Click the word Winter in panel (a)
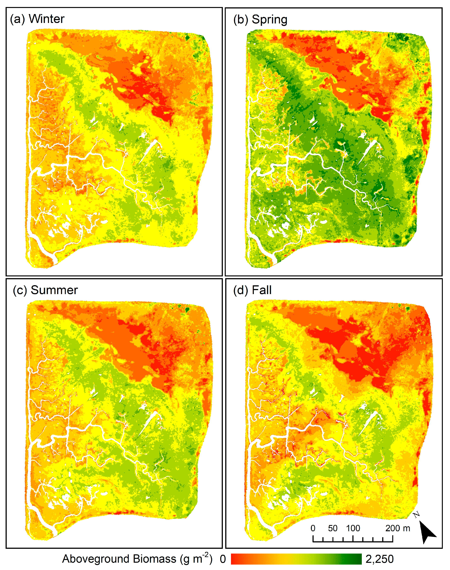pos(46,19)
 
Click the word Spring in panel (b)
pos(269,20)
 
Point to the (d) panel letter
pos(241,290)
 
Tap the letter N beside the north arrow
pos(416,514)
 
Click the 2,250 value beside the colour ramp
pos(379,559)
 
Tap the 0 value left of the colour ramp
pos(223,559)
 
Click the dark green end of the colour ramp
pos(357,559)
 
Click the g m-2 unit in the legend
pos(196,558)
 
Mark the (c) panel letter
pos(20,290)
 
